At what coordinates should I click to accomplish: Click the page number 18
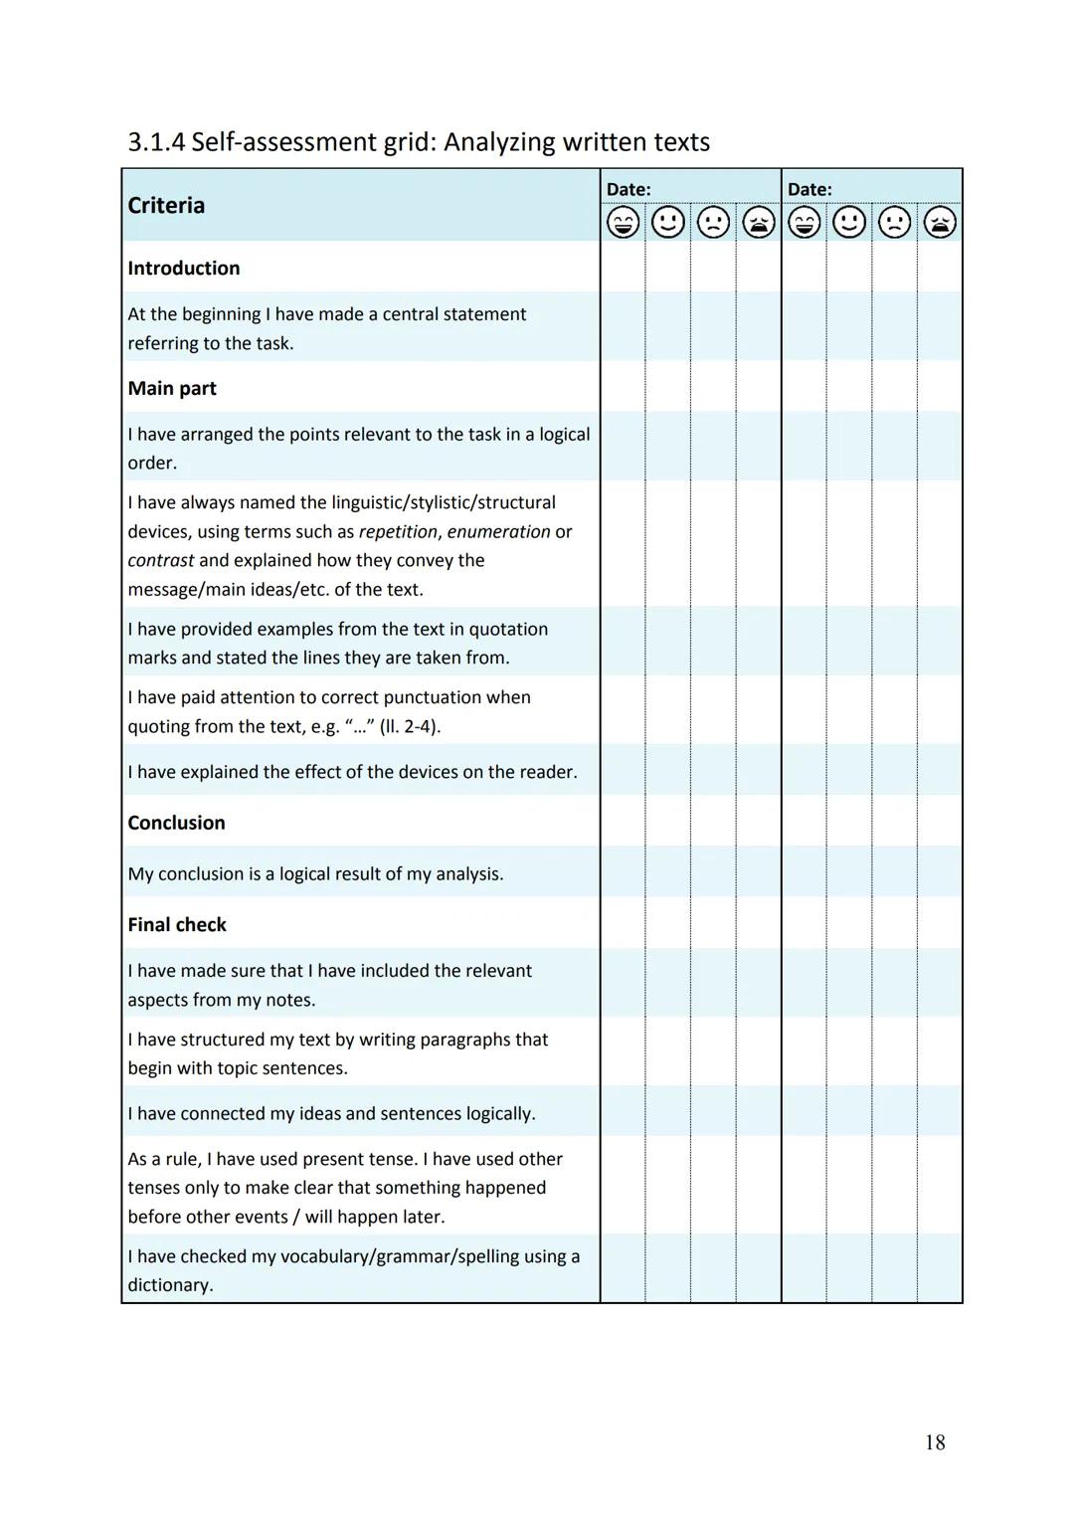click(x=935, y=1442)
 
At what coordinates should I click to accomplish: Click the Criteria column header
click(x=166, y=206)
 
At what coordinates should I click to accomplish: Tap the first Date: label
click(x=628, y=189)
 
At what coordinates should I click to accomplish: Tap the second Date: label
click(x=809, y=189)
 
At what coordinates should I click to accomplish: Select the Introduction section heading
click(x=184, y=269)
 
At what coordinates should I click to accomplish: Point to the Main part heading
click(x=172, y=389)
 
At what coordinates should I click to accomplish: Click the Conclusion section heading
click(x=176, y=823)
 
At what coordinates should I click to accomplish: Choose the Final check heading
click(x=177, y=925)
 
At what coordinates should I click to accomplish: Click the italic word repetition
click(x=398, y=532)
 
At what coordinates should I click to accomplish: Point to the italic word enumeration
click(x=498, y=532)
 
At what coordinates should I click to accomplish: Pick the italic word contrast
click(x=160, y=561)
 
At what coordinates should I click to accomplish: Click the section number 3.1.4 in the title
click(x=156, y=142)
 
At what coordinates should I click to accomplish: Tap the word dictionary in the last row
click(x=169, y=1285)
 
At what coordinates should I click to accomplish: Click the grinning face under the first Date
click(x=624, y=223)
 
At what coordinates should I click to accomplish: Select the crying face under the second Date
click(x=940, y=223)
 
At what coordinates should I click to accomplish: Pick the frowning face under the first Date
click(x=713, y=223)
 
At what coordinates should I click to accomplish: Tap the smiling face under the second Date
click(x=849, y=223)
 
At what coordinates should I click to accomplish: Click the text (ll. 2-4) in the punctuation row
click(x=410, y=727)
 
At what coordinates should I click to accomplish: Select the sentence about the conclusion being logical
click(x=315, y=874)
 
